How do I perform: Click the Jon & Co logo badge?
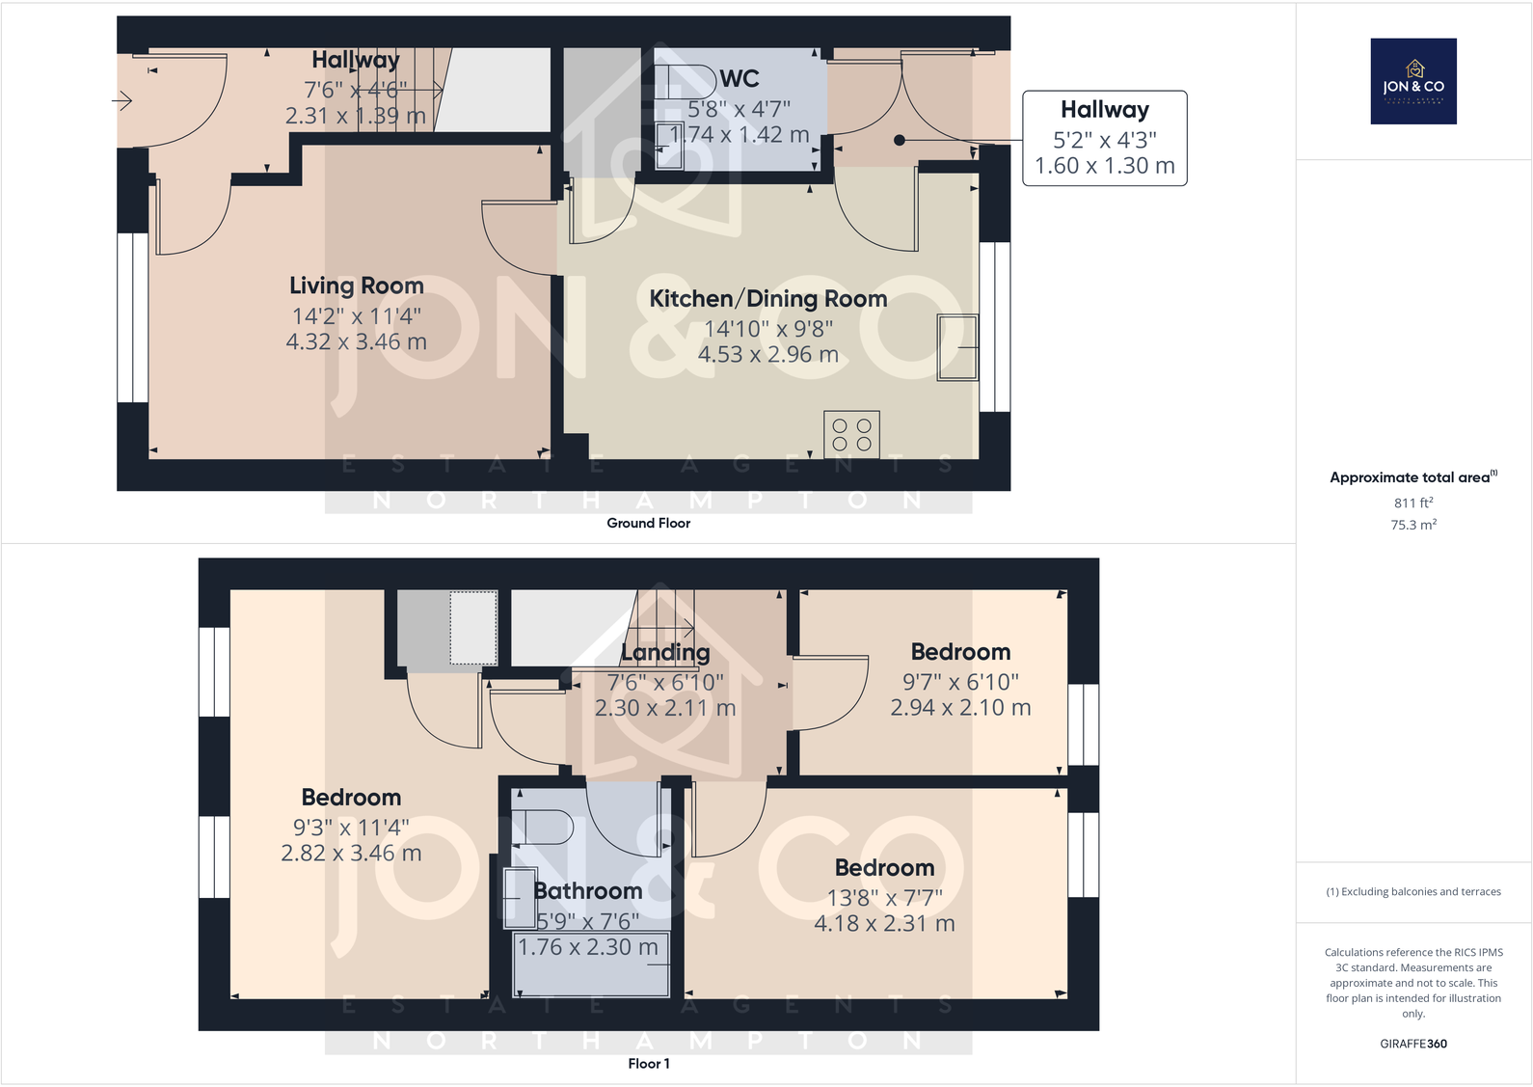pyautogui.click(x=1412, y=81)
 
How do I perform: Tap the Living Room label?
pyautogui.click(x=357, y=285)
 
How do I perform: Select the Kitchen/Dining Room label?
pyautogui.click(x=767, y=299)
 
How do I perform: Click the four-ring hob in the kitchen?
pyautogui.click(x=851, y=435)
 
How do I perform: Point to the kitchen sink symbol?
pyautogui.click(x=957, y=347)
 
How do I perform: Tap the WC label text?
pyautogui.click(x=740, y=79)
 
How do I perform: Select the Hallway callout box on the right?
pyautogui.click(x=1104, y=138)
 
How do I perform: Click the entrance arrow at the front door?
pyautogui.click(x=122, y=99)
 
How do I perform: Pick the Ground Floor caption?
pyautogui.click(x=648, y=523)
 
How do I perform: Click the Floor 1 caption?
pyautogui.click(x=648, y=1063)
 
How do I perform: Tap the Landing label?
pyautogui.click(x=665, y=653)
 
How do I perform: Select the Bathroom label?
pyautogui.click(x=588, y=891)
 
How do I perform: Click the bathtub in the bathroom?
pyautogui.click(x=591, y=965)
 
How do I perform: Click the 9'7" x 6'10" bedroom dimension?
pyautogui.click(x=960, y=682)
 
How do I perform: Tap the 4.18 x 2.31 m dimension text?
pyautogui.click(x=884, y=924)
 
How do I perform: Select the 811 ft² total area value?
pyautogui.click(x=1412, y=503)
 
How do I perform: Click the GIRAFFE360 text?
pyautogui.click(x=1412, y=1044)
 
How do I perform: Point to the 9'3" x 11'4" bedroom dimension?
pyautogui.click(x=351, y=828)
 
